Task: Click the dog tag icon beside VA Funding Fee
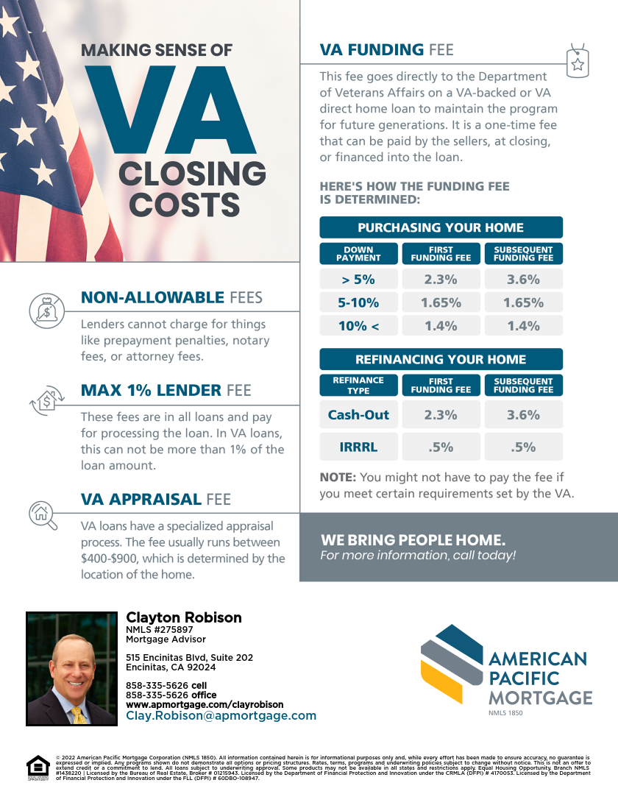pos(578,60)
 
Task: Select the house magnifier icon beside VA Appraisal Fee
pos(42,513)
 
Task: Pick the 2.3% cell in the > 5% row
pos(441,280)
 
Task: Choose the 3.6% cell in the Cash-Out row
pos(523,415)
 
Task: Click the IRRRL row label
pos(358,447)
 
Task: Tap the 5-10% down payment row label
pos(358,302)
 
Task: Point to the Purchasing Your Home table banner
pos(441,227)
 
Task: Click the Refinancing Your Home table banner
pos(441,359)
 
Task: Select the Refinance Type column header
pos(358,385)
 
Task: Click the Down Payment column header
pos(358,253)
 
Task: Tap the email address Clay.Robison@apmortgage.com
pos(221,715)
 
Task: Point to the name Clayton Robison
pos(183,617)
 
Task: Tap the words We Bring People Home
pos(413,539)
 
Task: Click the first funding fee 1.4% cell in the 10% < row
pos(441,326)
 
